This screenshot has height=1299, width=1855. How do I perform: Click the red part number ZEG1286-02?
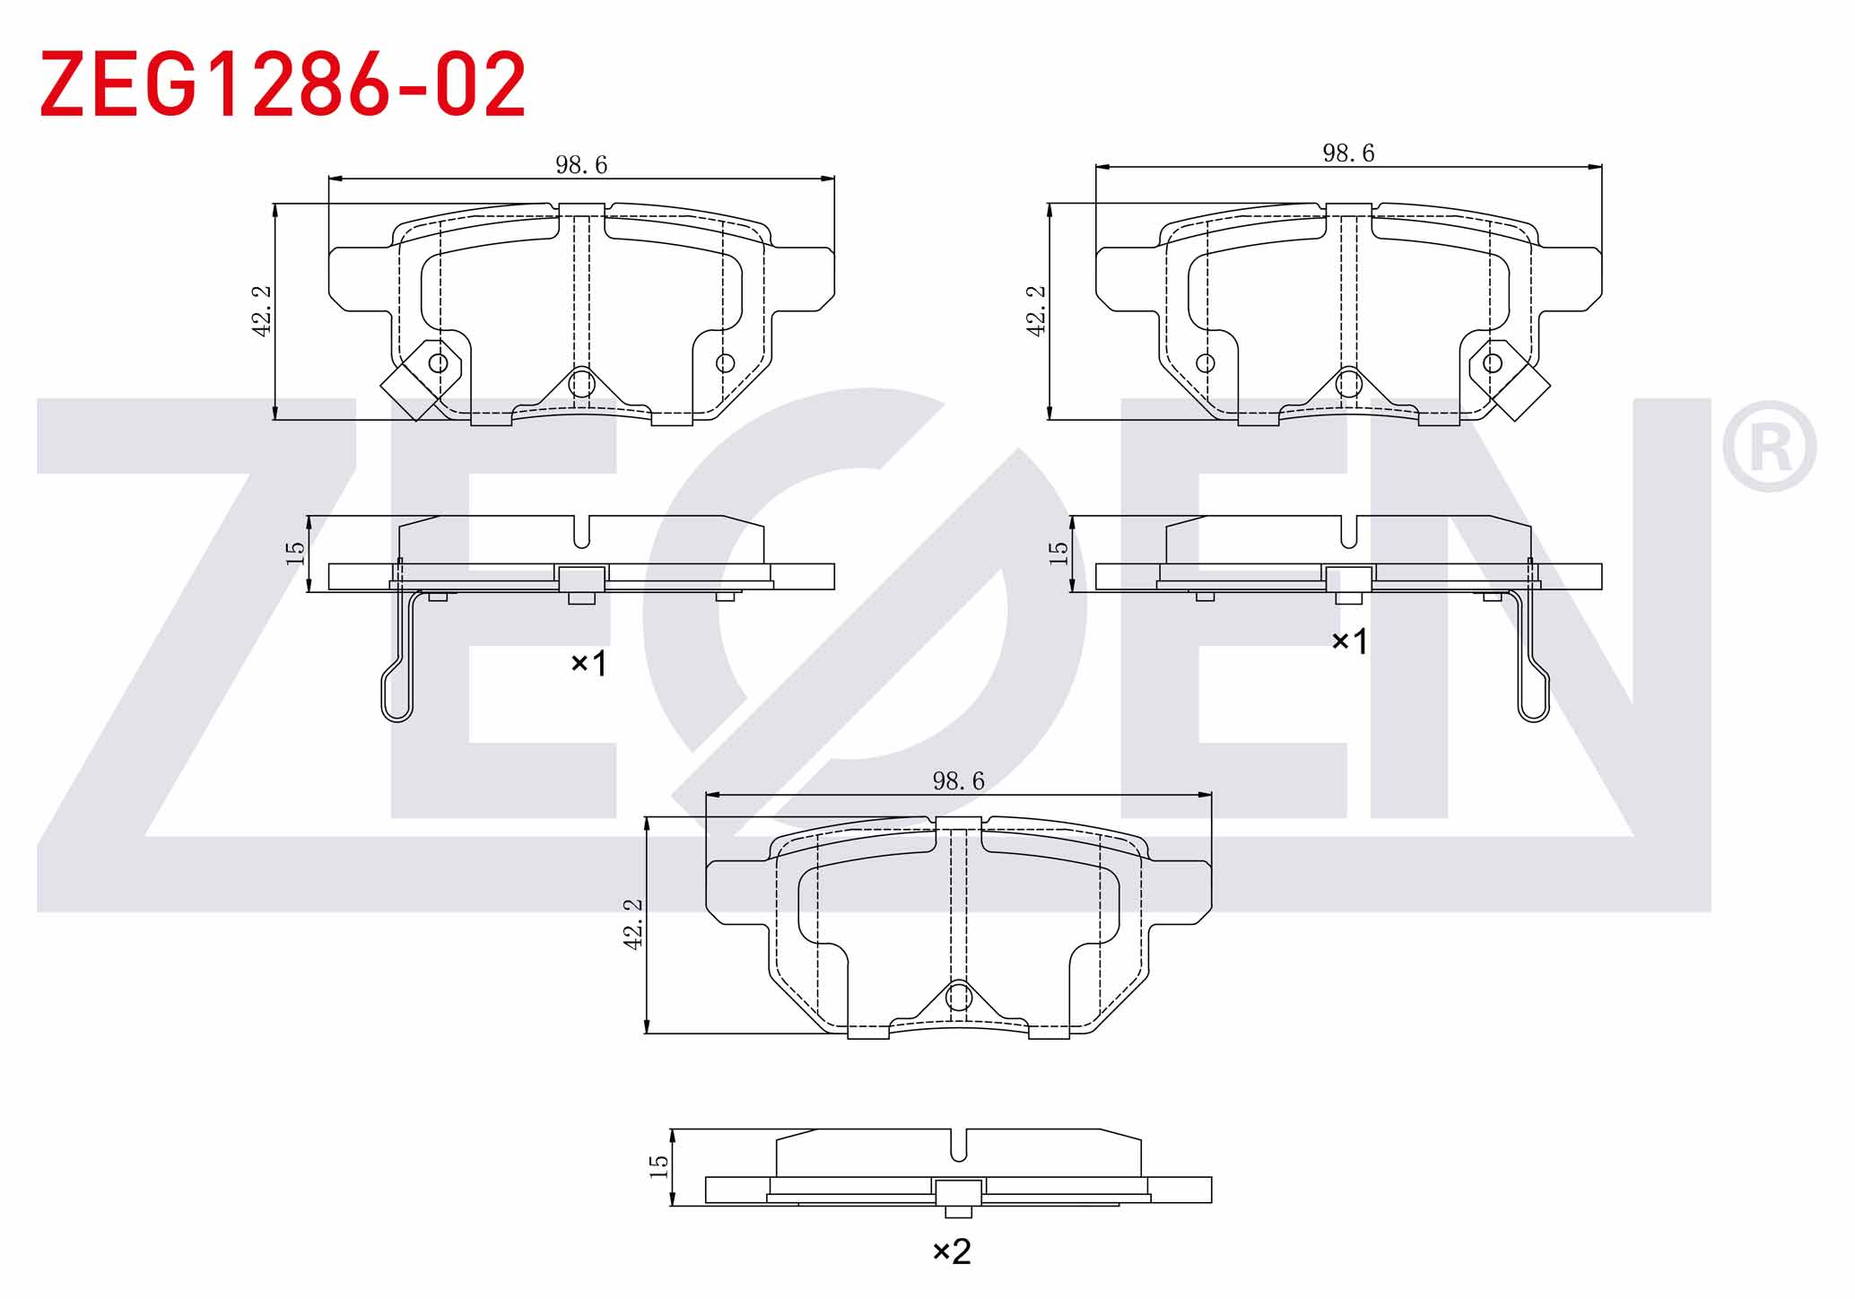283,84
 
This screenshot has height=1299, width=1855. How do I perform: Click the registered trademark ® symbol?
1770,447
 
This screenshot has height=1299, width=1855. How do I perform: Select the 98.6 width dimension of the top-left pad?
581,165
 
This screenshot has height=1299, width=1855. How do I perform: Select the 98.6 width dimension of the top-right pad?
1348,153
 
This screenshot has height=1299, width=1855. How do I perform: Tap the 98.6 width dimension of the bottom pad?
958,781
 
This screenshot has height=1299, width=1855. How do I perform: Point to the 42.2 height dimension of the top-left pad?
262,311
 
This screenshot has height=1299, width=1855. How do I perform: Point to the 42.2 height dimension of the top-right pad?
1036,311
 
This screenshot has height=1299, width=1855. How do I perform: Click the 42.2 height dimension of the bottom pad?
633,925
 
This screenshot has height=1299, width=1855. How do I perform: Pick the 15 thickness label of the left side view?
295,553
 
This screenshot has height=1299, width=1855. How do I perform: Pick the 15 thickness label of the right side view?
1059,553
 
